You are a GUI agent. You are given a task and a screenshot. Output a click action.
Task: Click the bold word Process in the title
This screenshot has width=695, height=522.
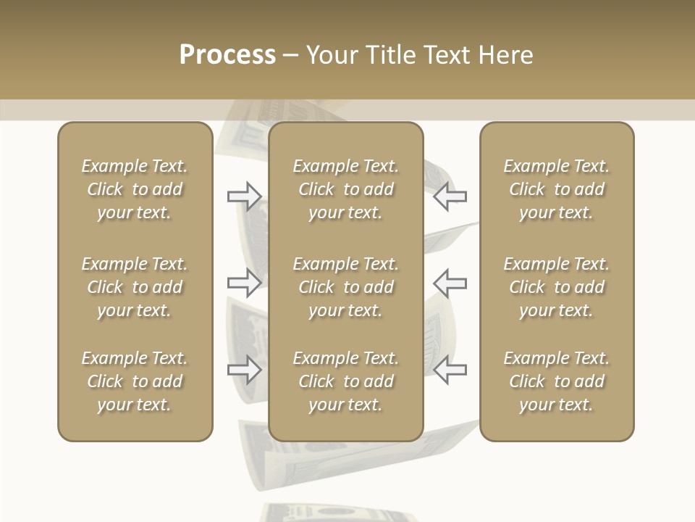[227, 55]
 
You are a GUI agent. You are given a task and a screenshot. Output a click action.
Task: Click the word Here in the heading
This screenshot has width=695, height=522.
[505, 55]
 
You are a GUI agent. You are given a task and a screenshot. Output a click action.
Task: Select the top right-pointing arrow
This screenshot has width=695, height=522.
[244, 196]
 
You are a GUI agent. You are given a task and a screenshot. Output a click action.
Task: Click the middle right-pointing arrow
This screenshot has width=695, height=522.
[244, 283]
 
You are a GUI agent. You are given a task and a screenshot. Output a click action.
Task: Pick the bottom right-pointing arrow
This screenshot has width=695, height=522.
[244, 370]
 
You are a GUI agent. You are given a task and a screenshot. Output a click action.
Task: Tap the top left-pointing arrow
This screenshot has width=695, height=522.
[450, 196]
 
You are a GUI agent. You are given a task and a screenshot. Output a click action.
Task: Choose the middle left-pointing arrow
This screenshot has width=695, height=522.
[450, 283]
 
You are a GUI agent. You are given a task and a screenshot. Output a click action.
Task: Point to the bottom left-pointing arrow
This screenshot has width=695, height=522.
[450, 370]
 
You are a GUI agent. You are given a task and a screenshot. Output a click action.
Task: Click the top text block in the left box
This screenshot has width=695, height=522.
[135, 189]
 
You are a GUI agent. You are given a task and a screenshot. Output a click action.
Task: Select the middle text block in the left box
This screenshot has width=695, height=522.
[135, 287]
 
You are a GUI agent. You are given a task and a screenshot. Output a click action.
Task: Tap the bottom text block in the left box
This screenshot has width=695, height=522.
[135, 381]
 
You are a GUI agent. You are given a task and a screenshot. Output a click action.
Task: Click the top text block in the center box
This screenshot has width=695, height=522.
[345, 189]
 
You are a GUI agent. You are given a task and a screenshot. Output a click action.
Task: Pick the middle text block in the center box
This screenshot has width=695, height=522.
[345, 287]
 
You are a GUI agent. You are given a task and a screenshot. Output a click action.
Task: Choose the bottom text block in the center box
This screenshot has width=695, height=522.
[345, 381]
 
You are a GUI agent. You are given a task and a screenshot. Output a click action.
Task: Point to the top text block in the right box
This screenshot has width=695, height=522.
[556, 189]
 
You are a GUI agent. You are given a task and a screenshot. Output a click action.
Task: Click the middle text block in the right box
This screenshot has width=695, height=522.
[556, 287]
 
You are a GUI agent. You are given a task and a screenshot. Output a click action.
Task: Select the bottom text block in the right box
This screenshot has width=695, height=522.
[556, 381]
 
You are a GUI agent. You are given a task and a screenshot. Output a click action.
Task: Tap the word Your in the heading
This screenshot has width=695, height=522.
[331, 55]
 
